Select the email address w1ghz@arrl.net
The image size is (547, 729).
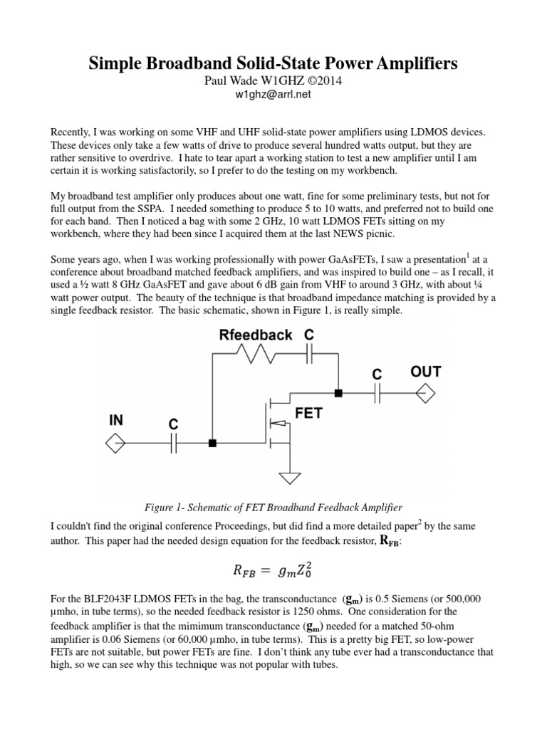(x=273, y=93)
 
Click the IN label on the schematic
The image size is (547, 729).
(x=116, y=420)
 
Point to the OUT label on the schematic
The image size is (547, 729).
(x=425, y=372)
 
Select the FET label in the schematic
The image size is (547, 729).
(x=308, y=413)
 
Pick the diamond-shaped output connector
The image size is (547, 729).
(x=425, y=392)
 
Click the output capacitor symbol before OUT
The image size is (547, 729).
(x=377, y=392)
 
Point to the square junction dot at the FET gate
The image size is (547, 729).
(x=212, y=444)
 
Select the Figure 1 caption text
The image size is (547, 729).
(x=273, y=507)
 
